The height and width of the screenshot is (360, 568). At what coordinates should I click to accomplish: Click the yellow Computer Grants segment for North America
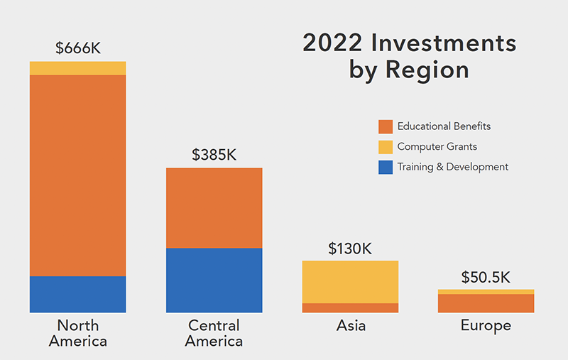pyautogui.click(x=77, y=68)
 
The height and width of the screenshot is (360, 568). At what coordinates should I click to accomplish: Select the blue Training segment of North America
pyautogui.click(x=77, y=294)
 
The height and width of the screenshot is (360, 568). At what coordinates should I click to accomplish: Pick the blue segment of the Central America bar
pyautogui.click(x=214, y=280)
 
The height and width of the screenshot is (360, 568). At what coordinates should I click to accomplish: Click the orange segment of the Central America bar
pyautogui.click(x=214, y=207)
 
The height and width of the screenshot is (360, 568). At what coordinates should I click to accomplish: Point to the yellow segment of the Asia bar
pyautogui.click(x=350, y=282)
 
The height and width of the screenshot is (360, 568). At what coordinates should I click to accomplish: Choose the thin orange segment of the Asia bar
pyautogui.click(x=350, y=307)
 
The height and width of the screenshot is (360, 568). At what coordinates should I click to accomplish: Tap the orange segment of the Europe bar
pyautogui.click(x=486, y=303)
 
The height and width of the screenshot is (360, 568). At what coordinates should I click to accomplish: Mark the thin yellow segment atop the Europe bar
pyautogui.click(x=486, y=292)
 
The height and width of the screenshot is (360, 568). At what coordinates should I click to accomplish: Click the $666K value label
pyautogui.click(x=77, y=48)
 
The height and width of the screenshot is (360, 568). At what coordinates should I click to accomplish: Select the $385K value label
pyautogui.click(x=214, y=155)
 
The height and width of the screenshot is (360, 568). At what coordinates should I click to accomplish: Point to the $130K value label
pyautogui.click(x=350, y=249)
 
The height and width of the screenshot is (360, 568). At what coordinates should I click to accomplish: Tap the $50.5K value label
pyautogui.click(x=486, y=277)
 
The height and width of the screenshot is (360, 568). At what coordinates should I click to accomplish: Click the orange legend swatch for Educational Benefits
pyautogui.click(x=386, y=126)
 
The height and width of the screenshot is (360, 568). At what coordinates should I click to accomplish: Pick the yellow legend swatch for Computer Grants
pyautogui.click(x=386, y=147)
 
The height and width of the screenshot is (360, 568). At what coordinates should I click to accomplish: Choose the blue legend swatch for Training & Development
pyautogui.click(x=386, y=168)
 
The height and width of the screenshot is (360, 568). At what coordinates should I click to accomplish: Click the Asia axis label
pyautogui.click(x=351, y=326)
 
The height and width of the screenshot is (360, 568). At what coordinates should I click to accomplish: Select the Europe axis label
pyautogui.click(x=486, y=326)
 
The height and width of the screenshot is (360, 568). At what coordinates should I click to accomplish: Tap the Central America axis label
pyautogui.click(x=214, y=333)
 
